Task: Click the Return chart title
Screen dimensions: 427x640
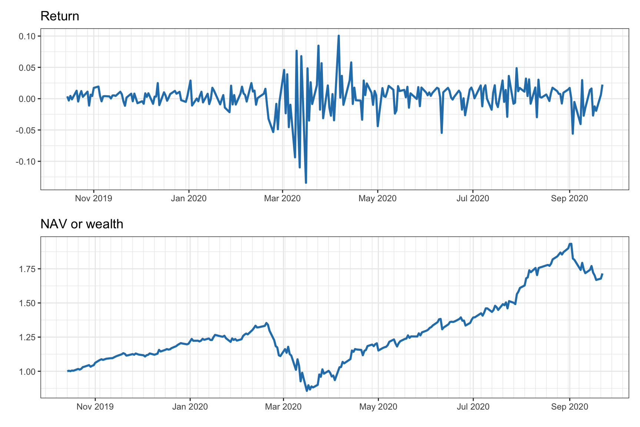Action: click(x=60, y=16)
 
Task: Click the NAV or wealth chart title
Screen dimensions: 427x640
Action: click(x=81, y=224)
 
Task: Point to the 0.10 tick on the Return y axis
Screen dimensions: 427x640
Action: click(x=27, y=36)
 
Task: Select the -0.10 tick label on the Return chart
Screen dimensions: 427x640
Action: click(x=26, y=162)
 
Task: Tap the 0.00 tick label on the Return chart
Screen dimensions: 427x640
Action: click(x=27, y=99)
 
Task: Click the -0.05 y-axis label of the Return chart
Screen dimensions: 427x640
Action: click(x=26, y=130)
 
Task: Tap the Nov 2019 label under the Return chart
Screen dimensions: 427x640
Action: click(x=93, y=199)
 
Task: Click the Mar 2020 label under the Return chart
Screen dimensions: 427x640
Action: click(x=282, y=199)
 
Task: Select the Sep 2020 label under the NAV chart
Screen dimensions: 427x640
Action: click(x=569, y=407)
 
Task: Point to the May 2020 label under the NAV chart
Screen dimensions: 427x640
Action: click(x=378, y=407)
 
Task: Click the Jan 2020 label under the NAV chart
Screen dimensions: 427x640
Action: click(x=190, y=407)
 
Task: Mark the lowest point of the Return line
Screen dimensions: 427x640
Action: click(x=306, y=183)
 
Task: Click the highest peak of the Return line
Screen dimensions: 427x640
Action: click(x=339, y=36)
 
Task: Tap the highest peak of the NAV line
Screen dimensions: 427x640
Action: click(x=571, y=244)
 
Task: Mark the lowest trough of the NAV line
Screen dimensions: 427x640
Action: click(x=307, y=391)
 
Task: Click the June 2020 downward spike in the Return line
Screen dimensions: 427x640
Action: click(x=441, y=133)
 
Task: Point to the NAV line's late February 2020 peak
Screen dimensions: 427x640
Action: click(x=266, y=323)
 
